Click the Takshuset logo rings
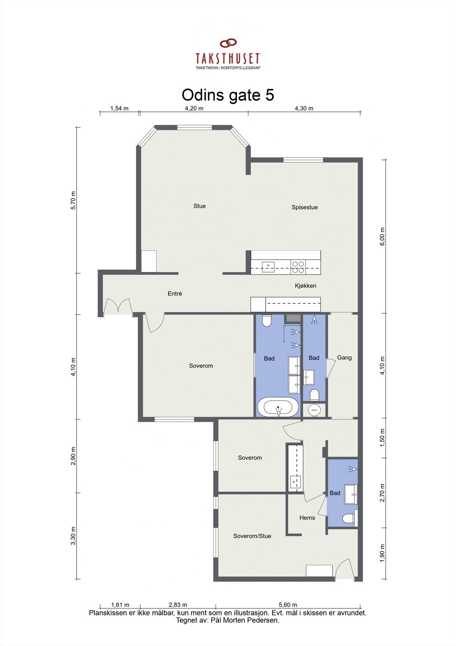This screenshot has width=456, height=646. (x=228, y=43)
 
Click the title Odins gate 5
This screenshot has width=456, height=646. (x=228, y=95)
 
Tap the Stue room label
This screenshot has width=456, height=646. (x=200, y=206)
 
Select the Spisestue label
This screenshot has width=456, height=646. (x=304, y=207)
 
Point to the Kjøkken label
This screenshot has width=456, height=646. (x=305, y=285)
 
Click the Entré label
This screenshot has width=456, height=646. (x=175, y=294)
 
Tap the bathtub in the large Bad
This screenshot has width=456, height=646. (x=278, y=407)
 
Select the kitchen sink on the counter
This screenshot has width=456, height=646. (x=268, y=266)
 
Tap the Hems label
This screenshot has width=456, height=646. (x=307, y=518)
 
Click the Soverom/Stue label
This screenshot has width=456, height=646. (x=252, y=536)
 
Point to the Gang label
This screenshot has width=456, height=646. (x=344, y=357)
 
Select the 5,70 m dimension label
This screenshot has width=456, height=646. (x=73, y=200)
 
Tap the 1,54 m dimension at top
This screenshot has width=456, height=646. (x=119, y=108)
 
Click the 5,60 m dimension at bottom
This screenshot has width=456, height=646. (x=288, y=604)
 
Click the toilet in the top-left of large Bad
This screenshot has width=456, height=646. (x=267, y=321)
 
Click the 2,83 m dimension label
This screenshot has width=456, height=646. (x=178, y=604)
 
